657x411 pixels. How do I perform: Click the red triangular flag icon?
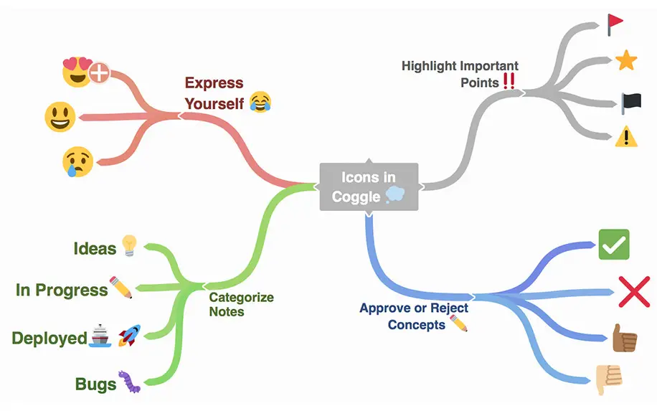[615, 24]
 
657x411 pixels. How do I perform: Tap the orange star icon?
[626, 60]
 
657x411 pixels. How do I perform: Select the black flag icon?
[630, 103]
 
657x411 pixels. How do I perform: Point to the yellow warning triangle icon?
[626, 136]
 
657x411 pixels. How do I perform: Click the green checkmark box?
[613, 245]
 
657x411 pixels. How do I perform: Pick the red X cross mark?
[634, 292]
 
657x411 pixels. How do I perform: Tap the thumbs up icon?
[624, 338]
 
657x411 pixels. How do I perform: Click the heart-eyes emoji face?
[77, 72]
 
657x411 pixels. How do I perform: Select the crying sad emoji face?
[77, 162]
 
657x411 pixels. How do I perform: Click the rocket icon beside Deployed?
[129, 335]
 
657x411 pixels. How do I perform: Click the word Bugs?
[95, 384]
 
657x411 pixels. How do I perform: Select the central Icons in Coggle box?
[369, 186]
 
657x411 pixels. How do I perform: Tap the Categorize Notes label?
[241, 304]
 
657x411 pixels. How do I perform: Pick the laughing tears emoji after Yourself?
[260, 103]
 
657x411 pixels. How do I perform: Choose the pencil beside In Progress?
[121, 287]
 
